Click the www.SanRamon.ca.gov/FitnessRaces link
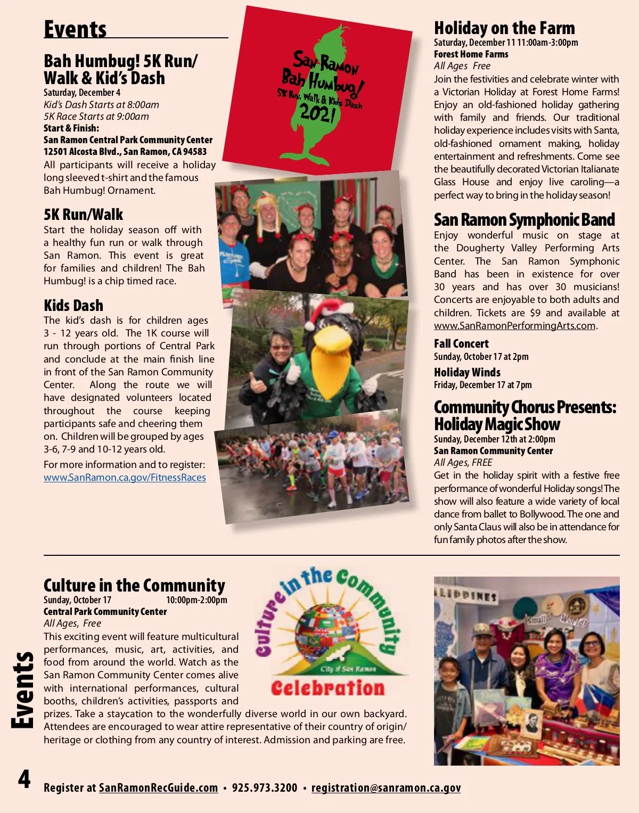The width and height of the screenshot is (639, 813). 125,478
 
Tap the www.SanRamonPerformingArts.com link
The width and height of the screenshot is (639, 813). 514,326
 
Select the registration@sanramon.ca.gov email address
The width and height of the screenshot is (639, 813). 386,788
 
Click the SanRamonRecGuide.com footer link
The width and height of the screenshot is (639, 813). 159,788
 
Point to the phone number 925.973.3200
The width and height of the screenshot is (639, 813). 265,788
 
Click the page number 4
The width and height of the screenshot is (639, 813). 24,779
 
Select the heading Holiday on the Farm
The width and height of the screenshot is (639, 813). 504,28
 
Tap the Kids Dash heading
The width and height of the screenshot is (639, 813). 73,306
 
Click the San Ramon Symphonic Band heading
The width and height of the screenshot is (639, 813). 525,220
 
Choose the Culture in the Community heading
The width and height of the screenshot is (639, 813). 134,585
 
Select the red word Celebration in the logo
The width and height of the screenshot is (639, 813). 327,688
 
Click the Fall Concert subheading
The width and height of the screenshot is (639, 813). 461,344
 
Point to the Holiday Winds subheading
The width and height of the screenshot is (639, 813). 467,373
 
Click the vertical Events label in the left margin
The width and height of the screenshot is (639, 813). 23,690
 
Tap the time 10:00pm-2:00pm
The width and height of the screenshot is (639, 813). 196,600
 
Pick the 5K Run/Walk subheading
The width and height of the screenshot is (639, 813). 83,215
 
